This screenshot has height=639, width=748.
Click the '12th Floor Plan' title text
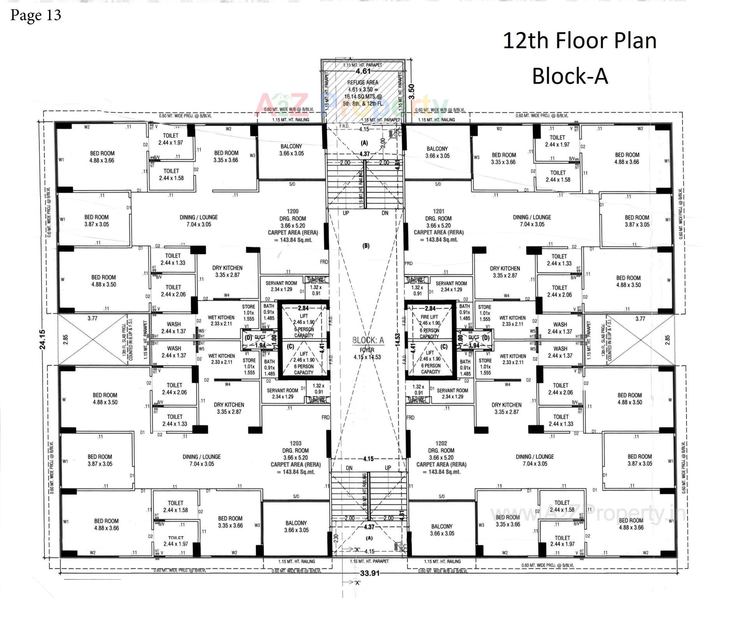pos(579,41)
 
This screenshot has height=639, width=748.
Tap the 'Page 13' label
pos(36,15)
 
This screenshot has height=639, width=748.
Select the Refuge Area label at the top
pos(362,83)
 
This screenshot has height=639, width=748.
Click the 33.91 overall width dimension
pos(370,573)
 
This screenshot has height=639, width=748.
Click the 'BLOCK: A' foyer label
pos(368,340)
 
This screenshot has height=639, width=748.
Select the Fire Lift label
pos(429,317)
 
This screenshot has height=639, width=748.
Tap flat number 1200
pos(292,211)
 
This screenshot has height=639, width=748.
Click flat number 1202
pos(441,443)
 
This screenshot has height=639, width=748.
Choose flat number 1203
pos(295,443)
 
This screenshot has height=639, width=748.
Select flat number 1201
pos(438,211)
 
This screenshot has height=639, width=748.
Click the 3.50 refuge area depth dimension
pos(412,92)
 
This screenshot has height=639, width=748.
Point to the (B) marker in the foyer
pos(366,246)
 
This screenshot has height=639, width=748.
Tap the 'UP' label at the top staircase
pos(346,213)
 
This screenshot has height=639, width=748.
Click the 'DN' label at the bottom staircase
pos(349,468)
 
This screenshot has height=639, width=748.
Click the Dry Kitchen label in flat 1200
pos(227,268)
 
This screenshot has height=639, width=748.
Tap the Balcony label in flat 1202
pos(441,526)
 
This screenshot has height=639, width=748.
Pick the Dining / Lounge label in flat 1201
pos(532,217)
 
